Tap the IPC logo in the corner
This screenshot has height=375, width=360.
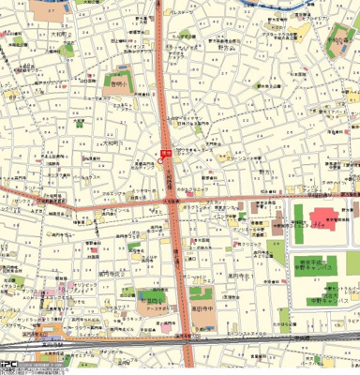tap(12, 367)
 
